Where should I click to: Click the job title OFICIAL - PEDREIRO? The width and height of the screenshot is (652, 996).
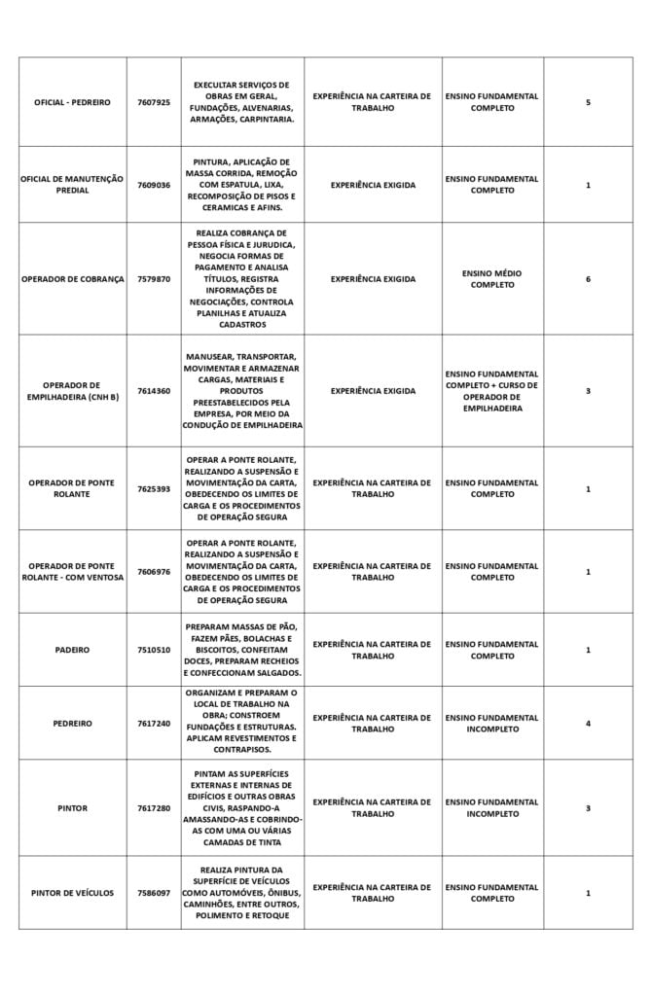pyautogui.click(x=72, y=102)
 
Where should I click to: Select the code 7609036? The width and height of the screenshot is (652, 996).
pyautogui.click(x=154, y=185)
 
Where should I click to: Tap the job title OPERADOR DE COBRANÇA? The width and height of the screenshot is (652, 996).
pyautogui.click(x=72, y=279)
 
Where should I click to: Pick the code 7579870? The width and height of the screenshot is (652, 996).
pyautogui.click(x=154, y=279)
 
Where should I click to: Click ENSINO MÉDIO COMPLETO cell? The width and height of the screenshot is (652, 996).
pyautogui.click(x=491, y=279)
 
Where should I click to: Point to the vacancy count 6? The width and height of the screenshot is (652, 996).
pyautogui.click(x=588, y=279)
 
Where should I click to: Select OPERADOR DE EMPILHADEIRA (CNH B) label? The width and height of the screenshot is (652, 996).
pyautogui.click(x=72, y=391)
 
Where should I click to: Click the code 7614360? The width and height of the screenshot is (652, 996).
pyautogui.click(x=154, y=391)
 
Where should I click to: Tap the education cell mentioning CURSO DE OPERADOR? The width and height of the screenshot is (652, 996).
pyautogui.click(x=491, y=391)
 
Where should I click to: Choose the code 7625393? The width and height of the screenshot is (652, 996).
pyautogui.click(x=154, y=488)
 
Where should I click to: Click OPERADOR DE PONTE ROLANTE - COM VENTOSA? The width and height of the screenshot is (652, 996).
pyautogui.click(x=72, y=572)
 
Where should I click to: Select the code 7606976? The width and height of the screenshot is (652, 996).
pyautogui.click(x=154, y=572)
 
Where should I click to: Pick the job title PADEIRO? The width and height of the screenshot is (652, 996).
pyautogui.click(x=72, y=650)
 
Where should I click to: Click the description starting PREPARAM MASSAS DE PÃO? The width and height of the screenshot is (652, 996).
pyautogui.click(x=242, y=650)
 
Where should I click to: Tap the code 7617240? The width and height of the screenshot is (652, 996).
pyautogui.click(x=154, y=724)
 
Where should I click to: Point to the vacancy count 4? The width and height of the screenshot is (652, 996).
pyautogui.click(x=588, y=724)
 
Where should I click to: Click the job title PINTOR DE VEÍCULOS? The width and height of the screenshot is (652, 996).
pyautogui.click(x=72, y=893)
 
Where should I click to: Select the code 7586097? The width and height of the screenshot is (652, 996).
pyautogui.click(x=154, y=893)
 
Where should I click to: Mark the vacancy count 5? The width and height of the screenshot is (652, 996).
pyautogui.click(x=588, y=102)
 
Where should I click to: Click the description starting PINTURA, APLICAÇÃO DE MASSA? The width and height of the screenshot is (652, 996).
pyautogui.click(x=242, y=185)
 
